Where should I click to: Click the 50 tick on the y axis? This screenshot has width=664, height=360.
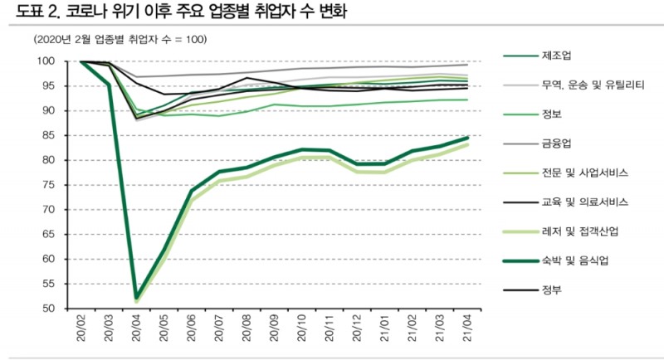[x=48, y=309]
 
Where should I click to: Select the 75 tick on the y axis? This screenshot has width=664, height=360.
[x=48, y=185]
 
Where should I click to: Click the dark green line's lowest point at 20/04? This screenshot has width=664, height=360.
[x=136, y=297]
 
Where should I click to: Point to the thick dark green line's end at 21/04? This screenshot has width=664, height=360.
[x=466, y=138]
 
